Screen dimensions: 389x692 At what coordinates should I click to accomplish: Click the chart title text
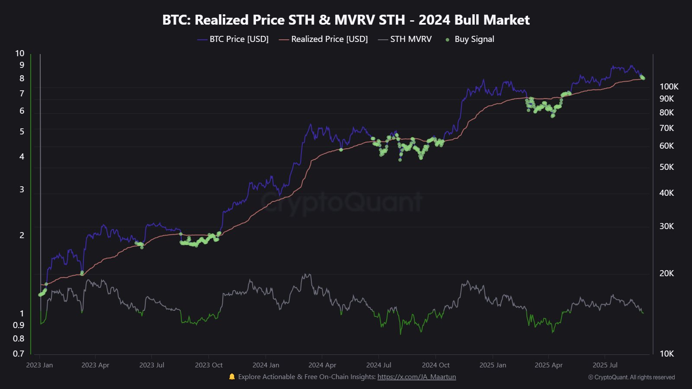(346, 20)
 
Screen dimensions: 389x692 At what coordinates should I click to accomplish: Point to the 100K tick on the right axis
(669, 86)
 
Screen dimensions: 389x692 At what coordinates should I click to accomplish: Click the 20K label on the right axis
(666, 273)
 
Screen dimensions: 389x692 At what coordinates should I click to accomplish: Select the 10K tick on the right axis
(666, 354)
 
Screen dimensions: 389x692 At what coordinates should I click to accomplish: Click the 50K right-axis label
(666, 167)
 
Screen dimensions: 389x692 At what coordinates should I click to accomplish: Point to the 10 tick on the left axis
(19, 53)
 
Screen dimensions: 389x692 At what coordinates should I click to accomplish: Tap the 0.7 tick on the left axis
(19, 354)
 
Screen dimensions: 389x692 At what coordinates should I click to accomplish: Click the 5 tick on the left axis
(22, 131)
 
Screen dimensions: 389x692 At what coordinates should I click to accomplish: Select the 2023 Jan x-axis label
(39, 365)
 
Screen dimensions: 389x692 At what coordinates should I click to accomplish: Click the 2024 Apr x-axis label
(322, 365)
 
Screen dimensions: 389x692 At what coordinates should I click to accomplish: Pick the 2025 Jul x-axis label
(605, 365)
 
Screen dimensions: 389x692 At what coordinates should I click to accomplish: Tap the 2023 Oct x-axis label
(208, 365)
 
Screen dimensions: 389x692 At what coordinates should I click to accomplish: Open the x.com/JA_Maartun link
(416, 377)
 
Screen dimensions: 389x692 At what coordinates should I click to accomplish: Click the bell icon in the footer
(232, 377)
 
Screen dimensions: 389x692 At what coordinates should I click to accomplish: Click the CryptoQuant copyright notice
(631, 377)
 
